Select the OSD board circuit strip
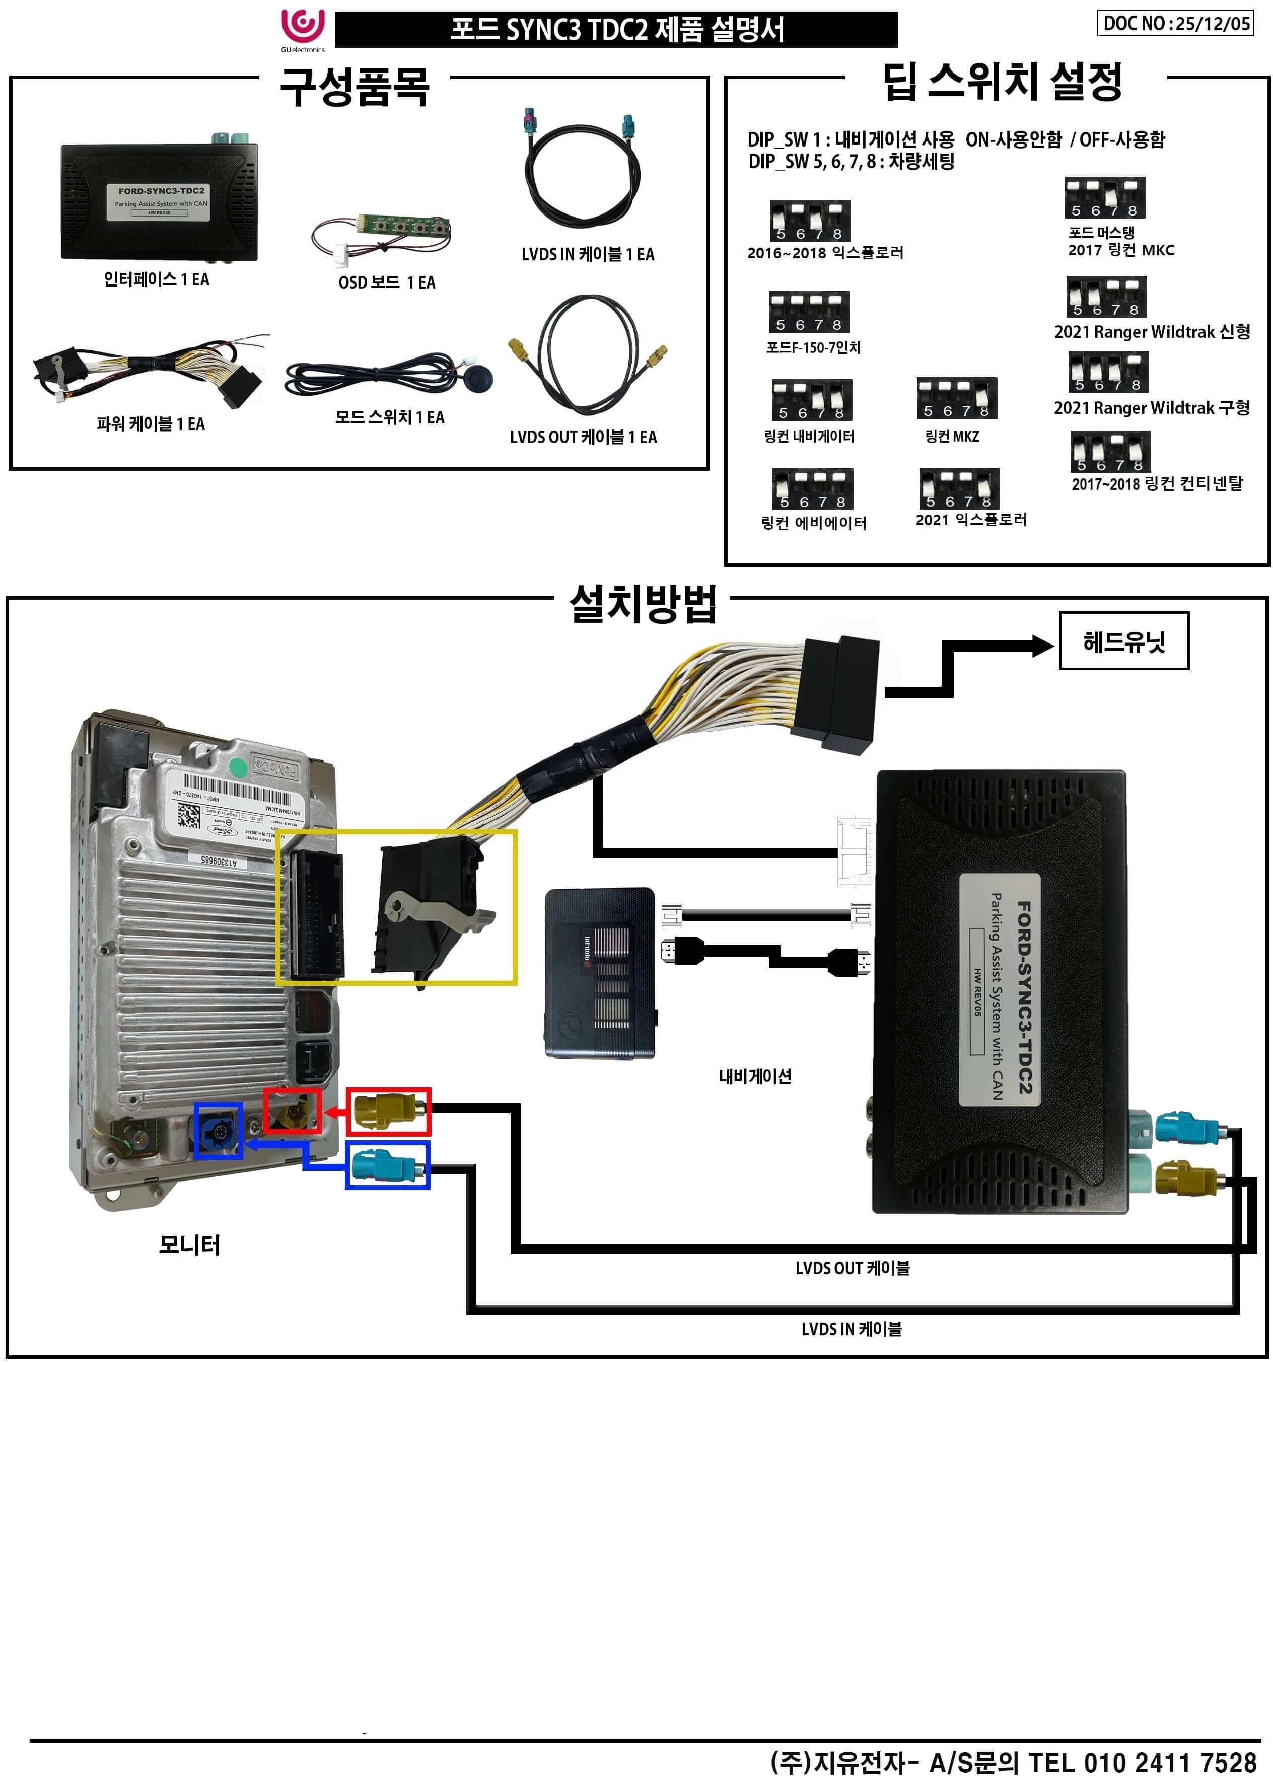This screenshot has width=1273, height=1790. pos(404,227)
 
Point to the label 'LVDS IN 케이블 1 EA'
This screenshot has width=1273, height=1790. pos(587,254)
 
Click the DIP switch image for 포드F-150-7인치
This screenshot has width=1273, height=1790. pos(809,312)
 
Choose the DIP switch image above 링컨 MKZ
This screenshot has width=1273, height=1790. pos(956,398)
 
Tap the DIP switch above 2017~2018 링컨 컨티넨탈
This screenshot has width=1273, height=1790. pos(1110,452)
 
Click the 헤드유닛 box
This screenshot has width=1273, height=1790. pos(1123,641)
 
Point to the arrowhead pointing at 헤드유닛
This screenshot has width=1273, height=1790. pos(1042,646)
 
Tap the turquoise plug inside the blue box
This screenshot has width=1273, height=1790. pos(387,1165)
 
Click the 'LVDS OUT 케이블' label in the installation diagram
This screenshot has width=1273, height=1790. pos(852,1268)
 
